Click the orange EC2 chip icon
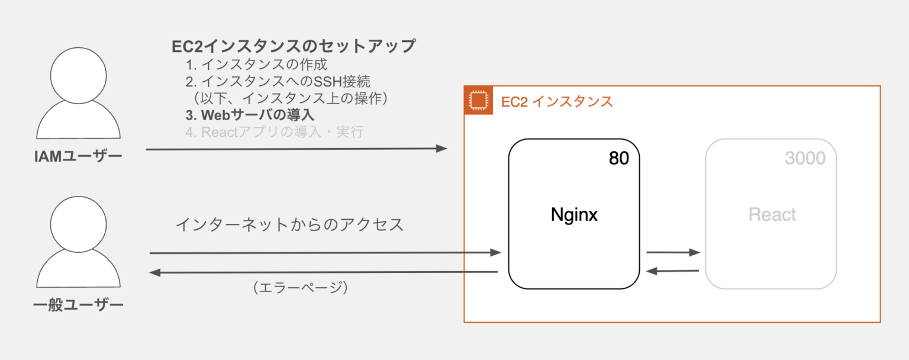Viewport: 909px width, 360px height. click(x=478, y=100)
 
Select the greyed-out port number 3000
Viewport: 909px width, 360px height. click(x=805, y=158)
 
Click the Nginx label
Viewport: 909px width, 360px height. click(x=574, y=214)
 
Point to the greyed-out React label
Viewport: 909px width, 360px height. click(x=772, y=214)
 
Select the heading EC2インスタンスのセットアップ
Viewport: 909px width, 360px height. click(x=294, y=46)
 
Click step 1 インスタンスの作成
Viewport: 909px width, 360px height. click(x=256, y=64)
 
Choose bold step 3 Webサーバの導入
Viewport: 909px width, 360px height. click(x=250, y=114)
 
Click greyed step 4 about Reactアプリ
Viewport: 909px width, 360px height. click(x=274, y=132)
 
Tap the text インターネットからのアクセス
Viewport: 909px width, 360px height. click(x=290, y=225)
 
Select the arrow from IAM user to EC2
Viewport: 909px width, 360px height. click(x=296, y=149)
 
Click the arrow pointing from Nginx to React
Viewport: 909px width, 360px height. click(x=673, y=252)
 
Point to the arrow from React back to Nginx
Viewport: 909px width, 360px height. click(x=673, y=271)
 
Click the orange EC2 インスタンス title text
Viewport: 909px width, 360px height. click(x=557, y=101)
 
